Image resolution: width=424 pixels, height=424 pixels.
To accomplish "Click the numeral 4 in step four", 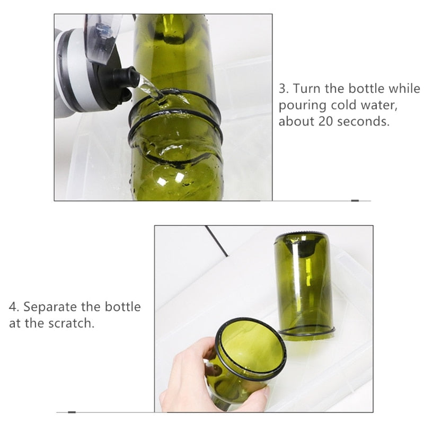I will [13, 307].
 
